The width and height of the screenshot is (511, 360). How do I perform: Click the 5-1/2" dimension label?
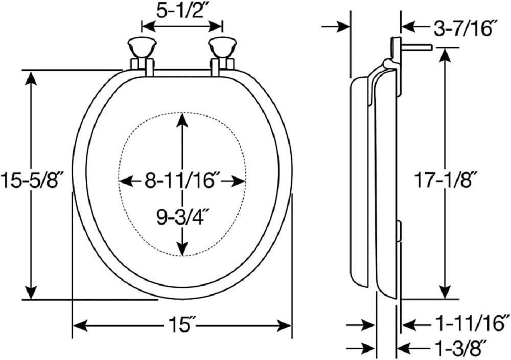pyautogui.click(x=182, y=11)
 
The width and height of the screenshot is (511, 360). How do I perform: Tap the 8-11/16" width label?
pyautogui.click(x=182, y=181)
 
